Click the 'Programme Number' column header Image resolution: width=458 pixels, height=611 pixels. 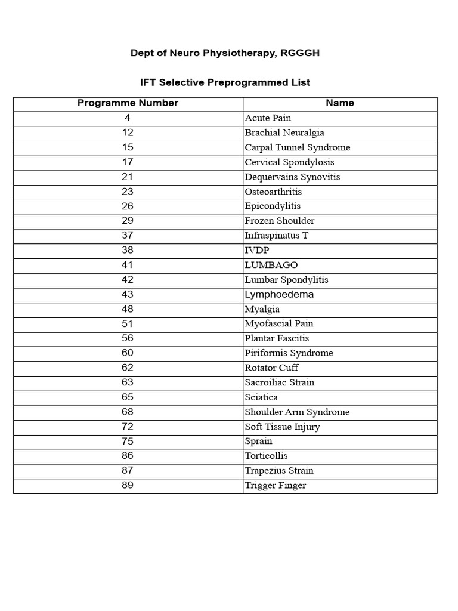pos(128,103)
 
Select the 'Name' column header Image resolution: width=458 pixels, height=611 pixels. pos(340,103)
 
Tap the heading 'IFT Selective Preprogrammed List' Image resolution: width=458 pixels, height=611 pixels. pos(225,82)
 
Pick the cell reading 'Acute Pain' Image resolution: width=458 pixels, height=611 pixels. pos(268,118)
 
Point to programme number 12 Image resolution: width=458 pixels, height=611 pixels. pos(128,132)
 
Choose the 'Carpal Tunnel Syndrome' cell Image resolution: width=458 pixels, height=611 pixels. pos(297,147)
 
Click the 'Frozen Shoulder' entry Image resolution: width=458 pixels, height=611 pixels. pos(279,221)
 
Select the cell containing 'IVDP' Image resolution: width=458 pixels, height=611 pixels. pos(256,251)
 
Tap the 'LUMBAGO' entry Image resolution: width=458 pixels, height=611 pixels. pos(271,265)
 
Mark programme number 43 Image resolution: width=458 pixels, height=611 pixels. pos(128,294)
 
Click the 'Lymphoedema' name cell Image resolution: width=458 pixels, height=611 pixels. pos(278,294)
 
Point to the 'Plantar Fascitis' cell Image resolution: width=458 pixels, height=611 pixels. pos(277,338)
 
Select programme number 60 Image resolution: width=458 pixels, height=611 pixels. pos(128,353)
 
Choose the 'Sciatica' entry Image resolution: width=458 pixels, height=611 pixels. pos(261,397)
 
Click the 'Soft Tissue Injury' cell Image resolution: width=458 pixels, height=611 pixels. pos(282,427)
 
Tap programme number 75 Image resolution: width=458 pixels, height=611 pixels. pos(128,441)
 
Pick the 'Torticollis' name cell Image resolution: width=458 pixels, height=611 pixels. pos(266,456)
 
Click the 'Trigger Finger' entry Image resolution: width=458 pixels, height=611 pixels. pos(275,485)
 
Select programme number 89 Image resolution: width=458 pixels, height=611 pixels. pos(128,485)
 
